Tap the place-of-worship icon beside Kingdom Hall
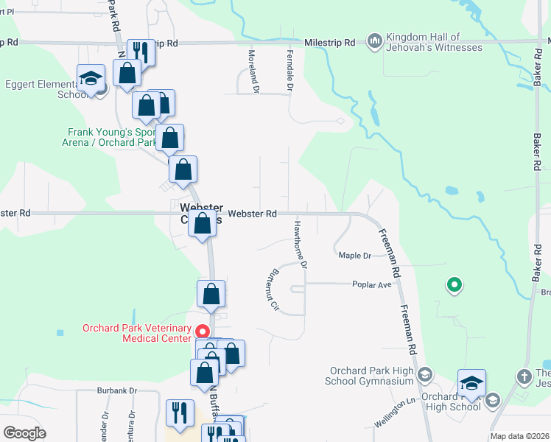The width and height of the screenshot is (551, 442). [374, 40]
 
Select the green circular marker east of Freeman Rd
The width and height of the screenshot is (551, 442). [455, 284]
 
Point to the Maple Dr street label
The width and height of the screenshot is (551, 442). [355, 256]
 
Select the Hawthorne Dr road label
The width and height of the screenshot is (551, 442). [301, 243]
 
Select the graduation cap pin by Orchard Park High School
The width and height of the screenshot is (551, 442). [471, 383]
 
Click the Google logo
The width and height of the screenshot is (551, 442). [25, 433]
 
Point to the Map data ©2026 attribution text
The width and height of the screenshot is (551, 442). [519, 436]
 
